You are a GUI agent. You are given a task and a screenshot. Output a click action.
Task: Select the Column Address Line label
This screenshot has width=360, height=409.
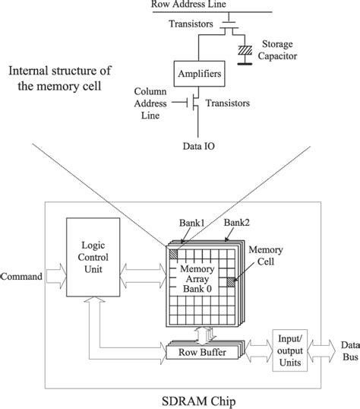150,101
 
